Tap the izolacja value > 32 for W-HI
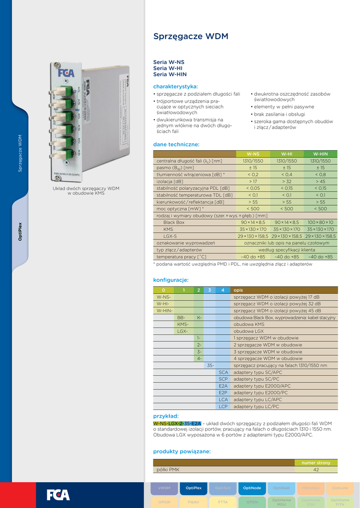(287, 182)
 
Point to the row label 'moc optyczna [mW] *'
(180, 209)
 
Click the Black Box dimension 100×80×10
(320, 223)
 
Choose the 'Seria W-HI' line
(168, 68)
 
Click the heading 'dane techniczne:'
(176, 144)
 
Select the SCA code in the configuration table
(223, 372)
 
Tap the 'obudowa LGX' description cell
(248, 331)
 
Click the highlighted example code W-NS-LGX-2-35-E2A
(177, 423)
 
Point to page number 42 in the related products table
(316, 469)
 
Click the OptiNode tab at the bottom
(252, 488)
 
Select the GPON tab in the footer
(252, 502)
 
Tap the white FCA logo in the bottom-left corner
(58, 495)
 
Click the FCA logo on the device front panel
(66, 73)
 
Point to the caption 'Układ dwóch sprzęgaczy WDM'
(86, 189)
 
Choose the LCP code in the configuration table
(223, 406)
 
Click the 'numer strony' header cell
(316, 463)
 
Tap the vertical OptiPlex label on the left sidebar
(20, 231)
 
